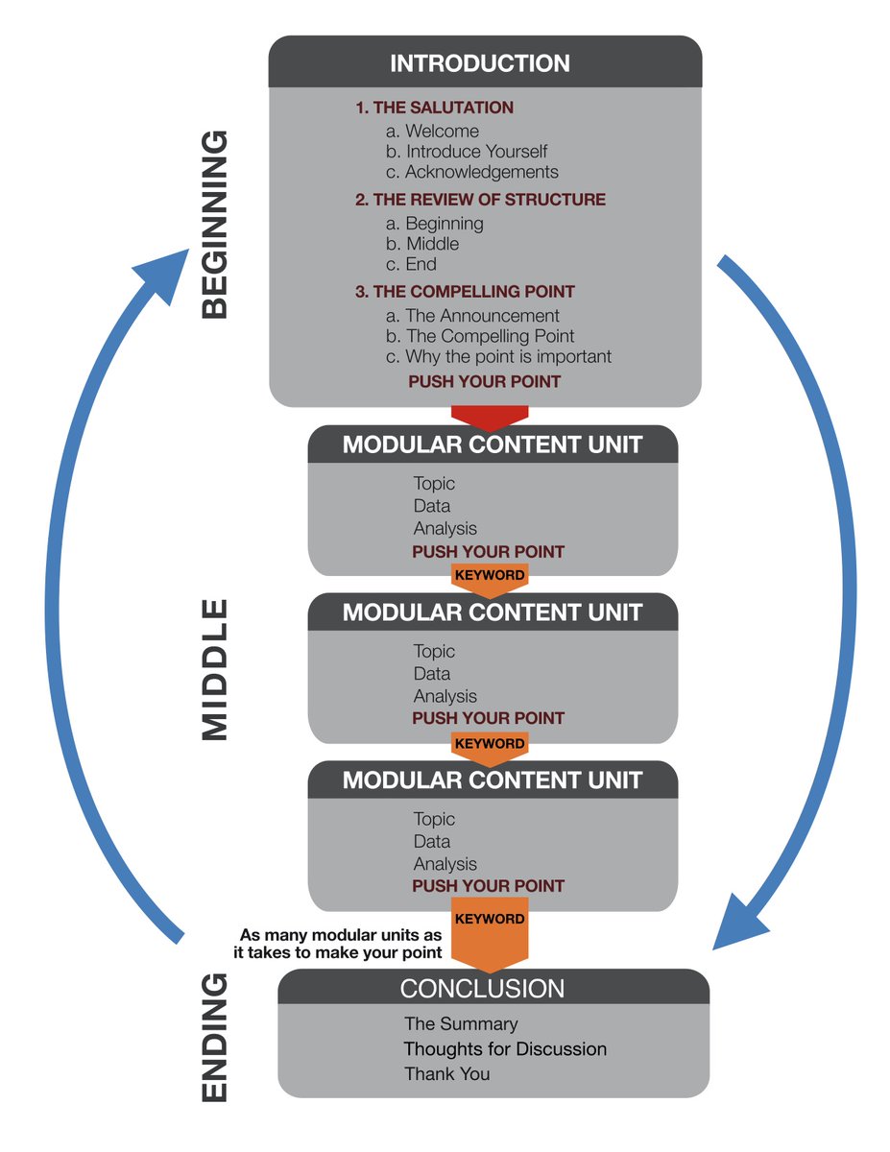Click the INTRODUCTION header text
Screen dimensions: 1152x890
pyautogui.click(x=479, y=64)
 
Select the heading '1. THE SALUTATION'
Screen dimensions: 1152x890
pyautogui.click(x=434, y=108)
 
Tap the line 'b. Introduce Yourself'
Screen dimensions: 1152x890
pyautogui.click(x=467, y=152)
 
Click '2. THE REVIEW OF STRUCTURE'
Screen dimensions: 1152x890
pyautogui.click(x=480, y=200)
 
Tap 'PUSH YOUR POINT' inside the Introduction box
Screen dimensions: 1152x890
pyautogui.click(x=485, y=381)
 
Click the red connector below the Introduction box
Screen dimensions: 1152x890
pyautogui.click(x=490, y=417)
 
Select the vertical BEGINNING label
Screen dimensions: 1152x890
pyautogui.click(x=216, y=225)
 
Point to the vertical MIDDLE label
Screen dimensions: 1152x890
pyautogui.click(x=216, y=669)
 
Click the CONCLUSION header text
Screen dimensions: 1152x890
pyautogui.click(x=482, y=988)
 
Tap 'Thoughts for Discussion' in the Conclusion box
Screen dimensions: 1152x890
pyautogui.click(x=505, y=1049)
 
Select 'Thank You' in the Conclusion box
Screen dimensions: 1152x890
pyautogui.click(x=446, y=1074)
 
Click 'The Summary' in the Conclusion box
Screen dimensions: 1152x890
pyautogui.click(x=461, y=1024)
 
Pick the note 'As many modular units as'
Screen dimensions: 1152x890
pyautogui.click(x=341, y=934)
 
